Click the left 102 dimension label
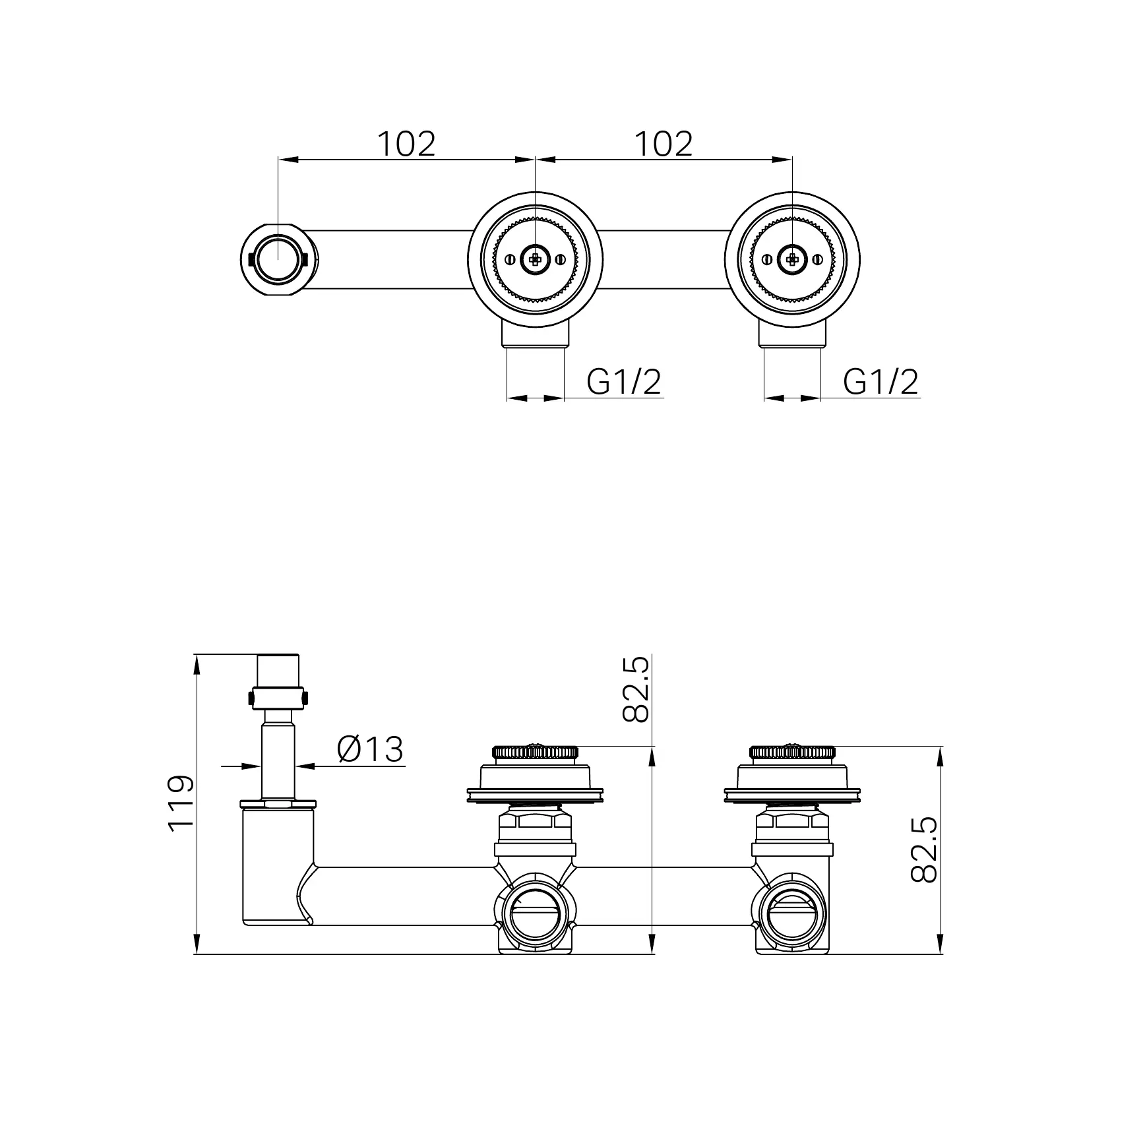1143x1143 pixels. [406, 144]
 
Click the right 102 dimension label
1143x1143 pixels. [664, 144]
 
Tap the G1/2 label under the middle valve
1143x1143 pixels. [623, 381]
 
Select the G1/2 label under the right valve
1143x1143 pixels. [880, 381]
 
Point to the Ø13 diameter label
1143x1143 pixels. [370, 749]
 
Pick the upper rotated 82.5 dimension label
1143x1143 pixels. [636, 689]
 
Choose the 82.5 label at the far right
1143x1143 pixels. [923, 850]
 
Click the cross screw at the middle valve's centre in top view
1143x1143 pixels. [535, 259]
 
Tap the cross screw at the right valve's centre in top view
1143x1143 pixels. [792, 259]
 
